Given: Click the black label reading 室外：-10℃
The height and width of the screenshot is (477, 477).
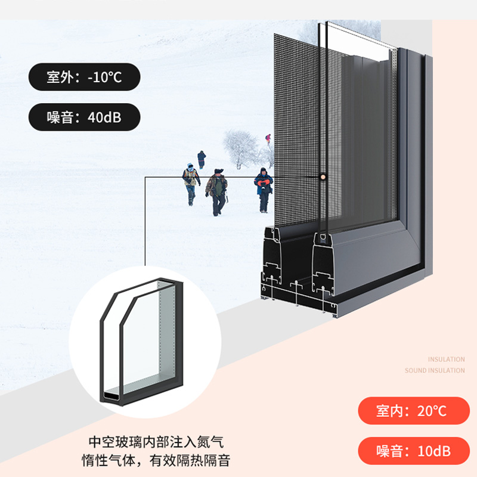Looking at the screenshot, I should point(84,77).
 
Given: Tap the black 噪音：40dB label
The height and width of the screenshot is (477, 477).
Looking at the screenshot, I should point(84,117).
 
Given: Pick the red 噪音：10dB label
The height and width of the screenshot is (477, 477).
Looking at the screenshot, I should point(413,450).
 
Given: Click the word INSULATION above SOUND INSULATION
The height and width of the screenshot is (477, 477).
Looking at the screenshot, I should point(446,360).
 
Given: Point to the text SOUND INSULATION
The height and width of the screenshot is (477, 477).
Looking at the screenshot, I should point(435,371).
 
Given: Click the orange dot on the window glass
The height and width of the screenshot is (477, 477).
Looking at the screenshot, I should point(322,177).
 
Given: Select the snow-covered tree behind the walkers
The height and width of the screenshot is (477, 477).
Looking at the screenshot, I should point(241,149).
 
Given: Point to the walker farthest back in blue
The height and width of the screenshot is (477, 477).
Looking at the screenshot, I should point(202,159).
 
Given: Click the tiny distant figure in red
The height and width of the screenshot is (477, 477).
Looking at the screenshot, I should point(268,138).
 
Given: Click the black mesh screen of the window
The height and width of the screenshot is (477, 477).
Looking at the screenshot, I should point(298,119).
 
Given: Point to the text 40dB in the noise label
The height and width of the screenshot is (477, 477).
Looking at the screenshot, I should point(104,117).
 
